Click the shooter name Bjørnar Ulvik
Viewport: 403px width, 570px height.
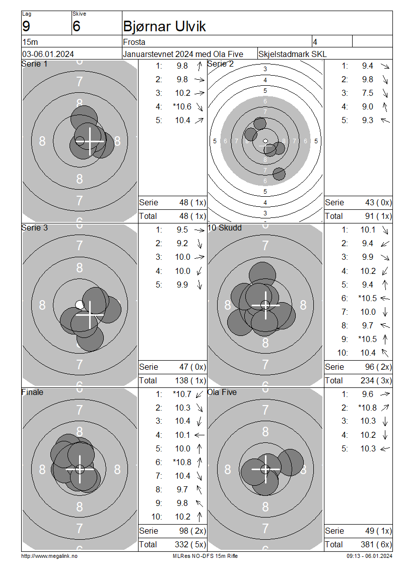tap(164, 26)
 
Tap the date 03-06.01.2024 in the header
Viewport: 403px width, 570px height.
tap(48, 54)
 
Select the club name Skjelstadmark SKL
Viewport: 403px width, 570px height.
tap(292, 54)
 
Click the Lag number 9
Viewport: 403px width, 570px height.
tap(26, 26)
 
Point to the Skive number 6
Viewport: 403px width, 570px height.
tap(76, 26)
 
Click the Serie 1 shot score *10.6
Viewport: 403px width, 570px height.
tap(182, 106)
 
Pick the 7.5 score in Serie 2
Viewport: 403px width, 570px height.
tap(367, 93)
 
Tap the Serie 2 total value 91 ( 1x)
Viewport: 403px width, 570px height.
tap(378, 216)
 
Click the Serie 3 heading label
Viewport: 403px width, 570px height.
tap(34, 227)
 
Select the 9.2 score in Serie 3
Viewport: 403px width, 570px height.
tap(182, 243)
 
